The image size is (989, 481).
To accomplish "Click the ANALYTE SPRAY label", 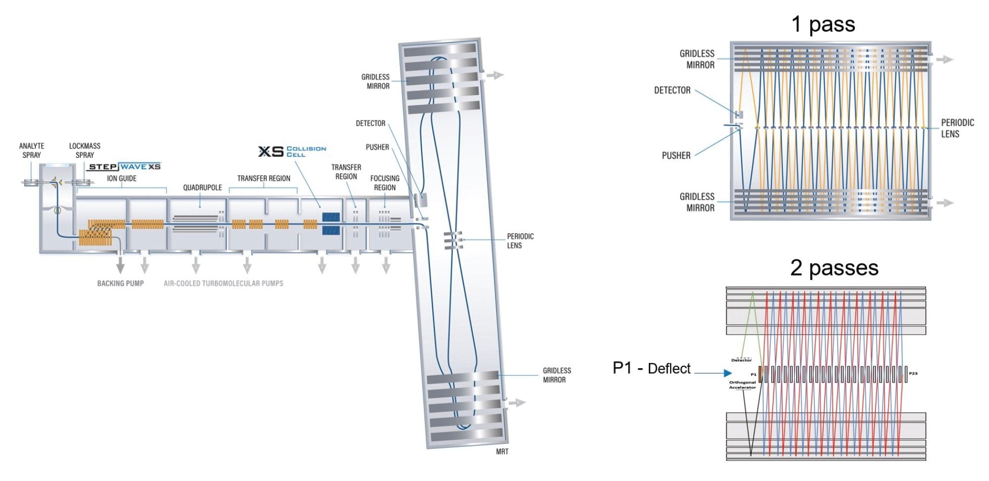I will (32, 150).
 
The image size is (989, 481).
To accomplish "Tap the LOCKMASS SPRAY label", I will (85, 150).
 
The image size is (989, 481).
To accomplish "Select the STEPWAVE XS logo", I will (125, 167).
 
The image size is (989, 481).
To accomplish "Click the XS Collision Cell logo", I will (292, 151).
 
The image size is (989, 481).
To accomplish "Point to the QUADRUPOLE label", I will (202, 188).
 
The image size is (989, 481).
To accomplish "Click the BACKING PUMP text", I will (120, 284).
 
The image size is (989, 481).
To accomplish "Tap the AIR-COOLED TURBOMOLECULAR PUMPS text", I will (224, 284).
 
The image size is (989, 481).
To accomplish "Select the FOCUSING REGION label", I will (385, 183).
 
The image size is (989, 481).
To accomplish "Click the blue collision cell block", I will (331, 224).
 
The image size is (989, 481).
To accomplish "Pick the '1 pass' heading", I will (823, 24).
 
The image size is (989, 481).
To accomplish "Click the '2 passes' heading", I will (834, 268).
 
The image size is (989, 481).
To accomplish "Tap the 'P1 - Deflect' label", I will (651, 368).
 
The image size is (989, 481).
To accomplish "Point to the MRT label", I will (502, 451).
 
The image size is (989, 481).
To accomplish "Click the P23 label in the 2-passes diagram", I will (913, 374).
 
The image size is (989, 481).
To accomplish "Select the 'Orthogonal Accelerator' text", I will (742, 385).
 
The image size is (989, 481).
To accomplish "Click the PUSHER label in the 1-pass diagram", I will (676, 155).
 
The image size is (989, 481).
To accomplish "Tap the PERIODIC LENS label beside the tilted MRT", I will (520, 241).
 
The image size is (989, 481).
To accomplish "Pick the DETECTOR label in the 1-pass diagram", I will (672, 90).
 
